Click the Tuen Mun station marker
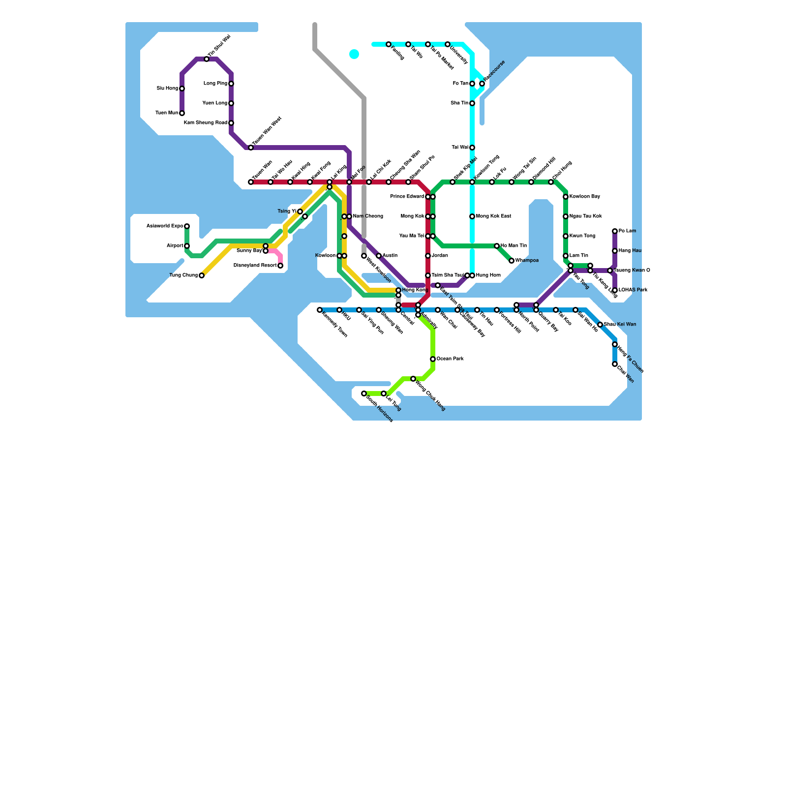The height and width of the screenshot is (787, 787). point(182,113)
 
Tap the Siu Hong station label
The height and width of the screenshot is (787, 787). point(167,89)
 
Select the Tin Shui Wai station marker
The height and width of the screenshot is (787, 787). point(207,59)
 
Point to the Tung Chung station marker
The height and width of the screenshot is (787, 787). point(202,275)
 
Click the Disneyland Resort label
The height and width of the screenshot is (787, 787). point(255,266)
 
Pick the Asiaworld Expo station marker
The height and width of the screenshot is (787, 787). point(187,226)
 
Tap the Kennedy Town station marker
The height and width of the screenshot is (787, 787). point(320,310)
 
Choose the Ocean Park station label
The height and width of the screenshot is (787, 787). point(450,359)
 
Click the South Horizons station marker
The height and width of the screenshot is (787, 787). point(364,393)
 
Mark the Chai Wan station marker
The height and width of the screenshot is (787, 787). point(615,364)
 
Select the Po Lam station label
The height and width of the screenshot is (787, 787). point(627,231)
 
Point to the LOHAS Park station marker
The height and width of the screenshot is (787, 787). point(615,290)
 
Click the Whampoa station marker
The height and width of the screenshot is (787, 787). point(512,261)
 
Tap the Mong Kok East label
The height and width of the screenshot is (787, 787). point(494,216)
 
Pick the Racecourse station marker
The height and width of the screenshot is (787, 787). point(482,84)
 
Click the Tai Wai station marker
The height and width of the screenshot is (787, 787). point(472,148)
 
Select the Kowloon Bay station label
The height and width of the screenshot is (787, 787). point(585,197)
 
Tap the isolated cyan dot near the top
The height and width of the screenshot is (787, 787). point(354,54)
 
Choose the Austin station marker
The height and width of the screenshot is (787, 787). point(379,256)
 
